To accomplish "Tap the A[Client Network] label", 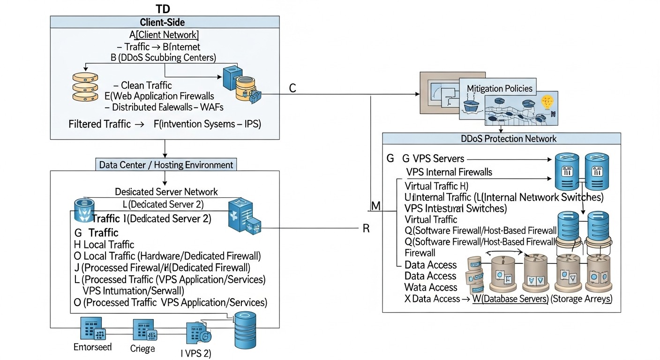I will coord(164,34).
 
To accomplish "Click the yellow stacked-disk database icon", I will coord(84,87).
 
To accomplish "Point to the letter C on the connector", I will coord(292,88).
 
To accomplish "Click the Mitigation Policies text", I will coord(500,88).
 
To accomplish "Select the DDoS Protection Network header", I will coord(502,139).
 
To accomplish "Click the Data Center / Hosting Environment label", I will coord(166,165).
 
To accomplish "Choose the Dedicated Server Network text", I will coord(166,191).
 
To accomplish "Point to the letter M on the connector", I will coord(376,206).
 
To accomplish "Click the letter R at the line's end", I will coord(367,229).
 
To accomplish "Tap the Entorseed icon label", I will coord(92,347).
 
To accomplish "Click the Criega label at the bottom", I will coord(142,349).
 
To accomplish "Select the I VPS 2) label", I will coord(196,353).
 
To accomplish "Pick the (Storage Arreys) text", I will coord(581,299).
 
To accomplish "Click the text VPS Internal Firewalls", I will coord(449,172).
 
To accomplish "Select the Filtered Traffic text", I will coord(99,124).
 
